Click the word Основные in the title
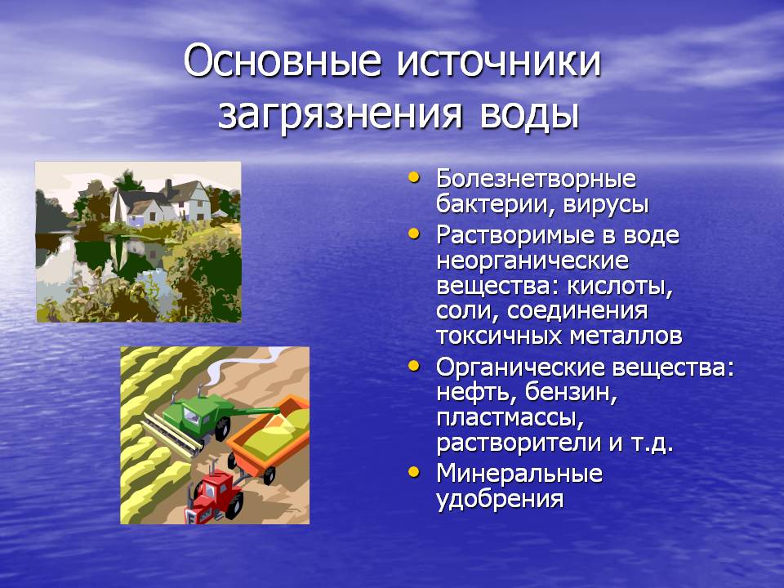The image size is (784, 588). click(x=283, y=61)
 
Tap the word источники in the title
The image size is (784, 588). click(x=499, y=61)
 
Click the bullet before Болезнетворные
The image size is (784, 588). click(x=414, y=177)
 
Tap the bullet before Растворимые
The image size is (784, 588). click(x=414, y=233)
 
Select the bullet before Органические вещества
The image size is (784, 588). click(x=414, y=366)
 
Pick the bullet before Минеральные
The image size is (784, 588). click(x=414, y=472)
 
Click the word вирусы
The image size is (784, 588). click(x=599, y=206)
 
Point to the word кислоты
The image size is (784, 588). click(x=620, y=286)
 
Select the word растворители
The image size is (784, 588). click(x=519, y=443)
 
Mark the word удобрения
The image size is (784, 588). click(x=500, y=499)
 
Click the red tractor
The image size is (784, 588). click(x=215, y=497)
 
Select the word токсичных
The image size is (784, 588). click(x=500, y=336)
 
